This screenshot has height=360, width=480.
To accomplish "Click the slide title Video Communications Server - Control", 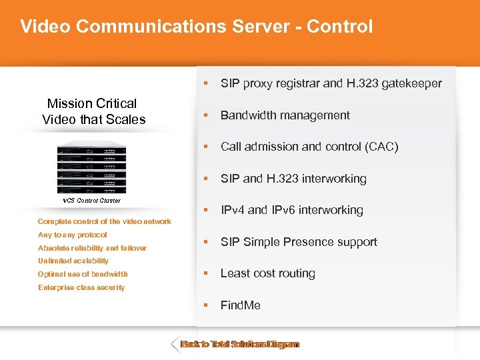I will tap(196, 27).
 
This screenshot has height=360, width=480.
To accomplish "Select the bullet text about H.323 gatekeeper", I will tap(331, 83).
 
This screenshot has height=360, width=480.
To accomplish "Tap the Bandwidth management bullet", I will tap(285, 115).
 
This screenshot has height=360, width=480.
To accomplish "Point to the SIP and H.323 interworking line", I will tap(293, 179).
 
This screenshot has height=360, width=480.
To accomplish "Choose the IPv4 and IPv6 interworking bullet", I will tap(291, 210).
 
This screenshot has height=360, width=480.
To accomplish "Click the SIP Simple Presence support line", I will tap(299, 242).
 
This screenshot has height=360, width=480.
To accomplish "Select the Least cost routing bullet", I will tap(267, 273).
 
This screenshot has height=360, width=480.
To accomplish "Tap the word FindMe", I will tap(240, 305).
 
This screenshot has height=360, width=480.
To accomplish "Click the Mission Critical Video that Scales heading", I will tap(93, 111).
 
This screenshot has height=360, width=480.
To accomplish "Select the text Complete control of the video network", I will tap(105, 221).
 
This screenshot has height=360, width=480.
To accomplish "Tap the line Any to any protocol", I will tap(73, 235).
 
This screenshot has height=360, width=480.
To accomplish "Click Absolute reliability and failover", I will tap(92, 248).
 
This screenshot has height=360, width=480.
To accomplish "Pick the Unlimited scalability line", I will tap(73, 261).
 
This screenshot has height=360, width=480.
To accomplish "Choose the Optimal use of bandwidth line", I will tap(83, 274).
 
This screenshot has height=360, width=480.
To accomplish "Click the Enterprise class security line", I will tap(81, 287).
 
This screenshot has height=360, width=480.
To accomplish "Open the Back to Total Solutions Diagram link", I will tap(240, 345).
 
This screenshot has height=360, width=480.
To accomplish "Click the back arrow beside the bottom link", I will tap(175, 345).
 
